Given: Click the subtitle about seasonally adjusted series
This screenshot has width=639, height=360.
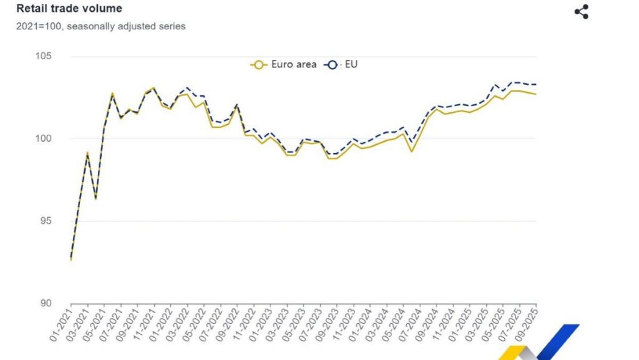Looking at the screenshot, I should [x=101, y=26].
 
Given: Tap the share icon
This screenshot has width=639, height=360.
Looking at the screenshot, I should [x=581, y=12].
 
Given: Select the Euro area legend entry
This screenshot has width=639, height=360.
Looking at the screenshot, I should [x=283, y=64].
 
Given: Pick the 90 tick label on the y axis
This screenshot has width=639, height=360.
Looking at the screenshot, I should [x=45, y=303].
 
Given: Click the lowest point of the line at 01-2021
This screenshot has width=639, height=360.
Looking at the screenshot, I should [x=71, y=260].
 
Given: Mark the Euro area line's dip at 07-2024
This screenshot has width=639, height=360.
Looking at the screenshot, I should [x=412, y=152].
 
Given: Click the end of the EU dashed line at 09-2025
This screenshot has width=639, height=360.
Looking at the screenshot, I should [x=536, y=84].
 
